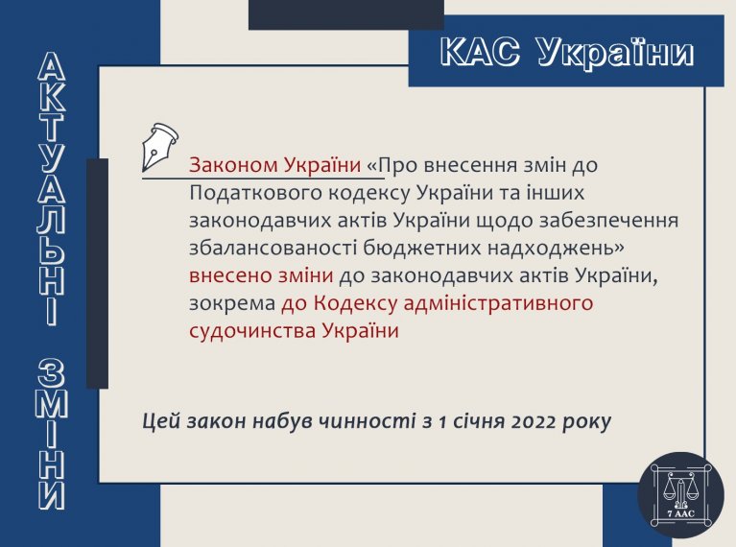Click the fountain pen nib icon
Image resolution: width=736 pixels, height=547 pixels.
pos(159,147)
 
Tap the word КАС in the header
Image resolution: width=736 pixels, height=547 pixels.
pos(480,51)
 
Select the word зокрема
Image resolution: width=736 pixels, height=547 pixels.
pos(232,303)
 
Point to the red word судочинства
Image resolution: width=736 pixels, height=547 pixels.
pos(252,331)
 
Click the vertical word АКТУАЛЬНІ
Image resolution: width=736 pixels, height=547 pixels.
pos(52,189)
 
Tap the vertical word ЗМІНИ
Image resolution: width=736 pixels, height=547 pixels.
pos(52,435)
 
